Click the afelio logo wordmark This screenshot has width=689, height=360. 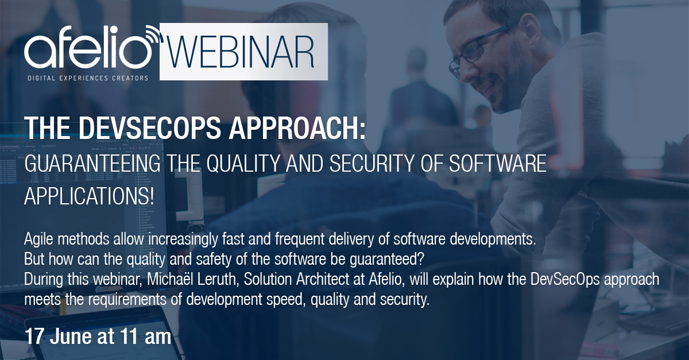(88, 47)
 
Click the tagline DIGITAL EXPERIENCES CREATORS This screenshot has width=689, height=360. (88, 78)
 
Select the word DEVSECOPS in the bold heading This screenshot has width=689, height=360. (150, 127)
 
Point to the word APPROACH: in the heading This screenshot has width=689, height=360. (297, 127)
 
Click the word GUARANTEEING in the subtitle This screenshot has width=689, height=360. (92, 164)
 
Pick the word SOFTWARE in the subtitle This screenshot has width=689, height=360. (497, 164)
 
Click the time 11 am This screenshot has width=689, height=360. (145, 337)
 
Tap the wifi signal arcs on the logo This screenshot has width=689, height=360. (153, 35)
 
